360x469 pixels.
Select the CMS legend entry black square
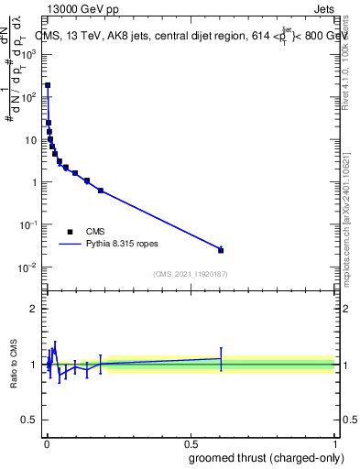[x=70, y=232]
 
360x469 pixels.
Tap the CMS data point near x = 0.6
[x=221, y=250]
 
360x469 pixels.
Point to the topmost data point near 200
[x=48, y=85]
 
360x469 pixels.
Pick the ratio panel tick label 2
[x=33, y=309]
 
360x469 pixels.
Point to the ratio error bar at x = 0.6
[x=221, y=359]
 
